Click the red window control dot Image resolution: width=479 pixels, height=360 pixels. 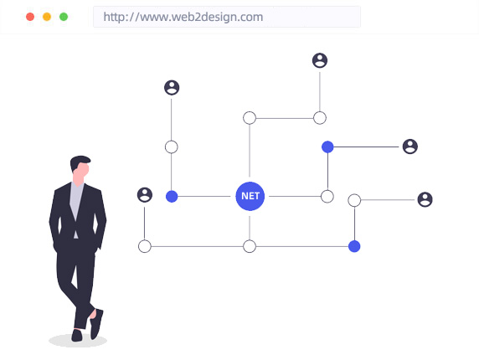coord(30,17)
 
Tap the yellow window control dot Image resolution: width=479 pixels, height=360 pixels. coord(47,17)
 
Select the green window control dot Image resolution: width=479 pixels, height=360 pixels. coord(64,17)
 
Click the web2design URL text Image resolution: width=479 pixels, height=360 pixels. coord(183,17)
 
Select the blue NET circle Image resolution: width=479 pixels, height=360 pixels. coord(250,196)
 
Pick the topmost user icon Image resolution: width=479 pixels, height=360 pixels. coord(320,60)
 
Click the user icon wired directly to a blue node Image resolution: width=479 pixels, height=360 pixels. coord(410,147)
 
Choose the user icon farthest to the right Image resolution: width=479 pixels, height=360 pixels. coord(425,200)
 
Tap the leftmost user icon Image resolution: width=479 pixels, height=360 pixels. coord(145,195)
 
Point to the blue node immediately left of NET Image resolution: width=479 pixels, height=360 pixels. coord(172,197)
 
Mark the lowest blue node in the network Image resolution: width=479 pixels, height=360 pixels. coord(354,246)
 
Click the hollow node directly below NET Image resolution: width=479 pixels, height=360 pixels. coord(250,246)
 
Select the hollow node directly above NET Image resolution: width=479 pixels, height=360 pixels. coord(250,118)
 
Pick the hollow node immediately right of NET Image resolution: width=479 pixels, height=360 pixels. coord(327,197)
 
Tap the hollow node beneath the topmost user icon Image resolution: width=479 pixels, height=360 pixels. coord(320,118)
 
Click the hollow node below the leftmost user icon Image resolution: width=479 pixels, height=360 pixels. coord(145,246)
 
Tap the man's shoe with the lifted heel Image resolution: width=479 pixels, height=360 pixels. coord(96,324)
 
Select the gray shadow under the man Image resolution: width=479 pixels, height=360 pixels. coord(78,341)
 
